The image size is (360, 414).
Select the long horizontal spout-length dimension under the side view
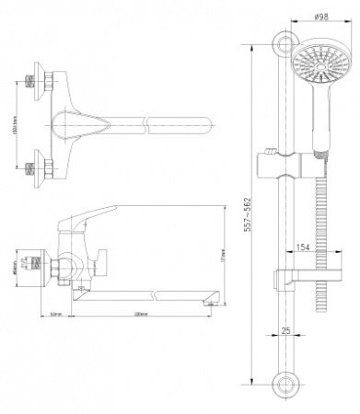pyautogui.click(x=138, y=314)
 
